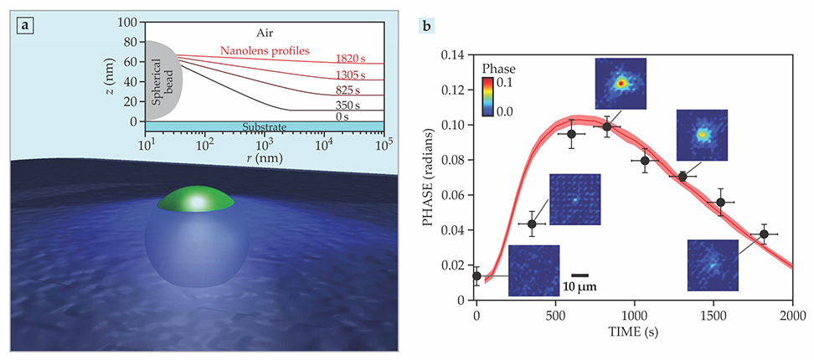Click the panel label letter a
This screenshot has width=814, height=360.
26,26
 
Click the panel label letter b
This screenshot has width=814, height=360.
427,26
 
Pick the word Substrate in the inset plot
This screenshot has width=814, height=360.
265,126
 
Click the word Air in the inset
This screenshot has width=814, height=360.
265,32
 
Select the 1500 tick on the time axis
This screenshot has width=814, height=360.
714,315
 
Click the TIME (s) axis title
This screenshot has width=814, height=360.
635,331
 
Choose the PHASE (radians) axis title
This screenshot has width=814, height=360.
431,176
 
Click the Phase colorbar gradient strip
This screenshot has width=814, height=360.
487,96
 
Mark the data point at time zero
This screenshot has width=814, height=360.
477,275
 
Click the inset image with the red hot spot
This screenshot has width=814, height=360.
621,83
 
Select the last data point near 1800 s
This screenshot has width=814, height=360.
764,234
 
